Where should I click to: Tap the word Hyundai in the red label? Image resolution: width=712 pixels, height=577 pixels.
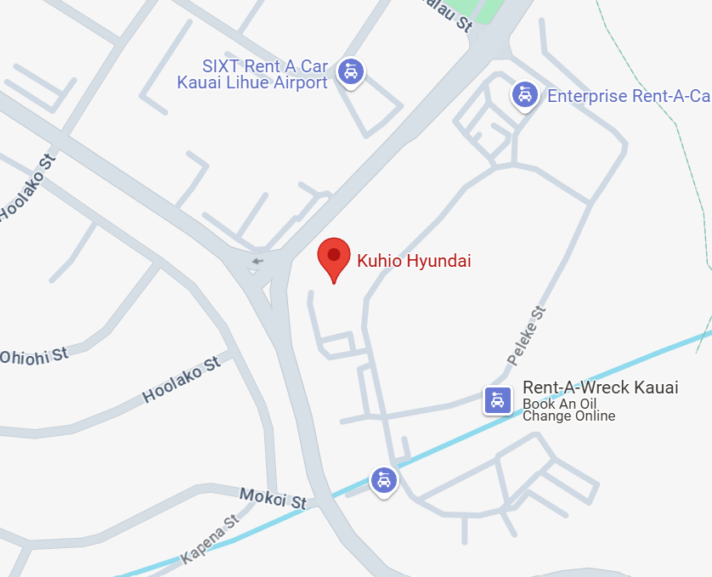(x=438, y=261)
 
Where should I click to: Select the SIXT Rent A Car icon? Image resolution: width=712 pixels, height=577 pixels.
(x=350, y=71)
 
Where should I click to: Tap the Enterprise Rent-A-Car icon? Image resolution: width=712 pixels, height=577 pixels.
(x=525, y=95)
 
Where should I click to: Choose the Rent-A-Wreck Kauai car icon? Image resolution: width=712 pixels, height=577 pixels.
(x=498, y=399)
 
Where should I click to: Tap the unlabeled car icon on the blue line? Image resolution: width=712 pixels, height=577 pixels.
(x=384, y=480)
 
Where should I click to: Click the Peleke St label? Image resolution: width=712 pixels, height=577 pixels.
(x=528, y=337)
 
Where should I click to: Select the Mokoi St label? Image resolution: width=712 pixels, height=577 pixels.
(x=273, y=499)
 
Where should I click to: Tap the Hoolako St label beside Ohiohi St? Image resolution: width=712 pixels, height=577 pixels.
(x=181, y=379)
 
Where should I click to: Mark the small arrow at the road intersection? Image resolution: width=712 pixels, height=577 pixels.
(x=257, y=261)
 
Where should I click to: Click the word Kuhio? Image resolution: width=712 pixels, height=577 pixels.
(x=380, y=261)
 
